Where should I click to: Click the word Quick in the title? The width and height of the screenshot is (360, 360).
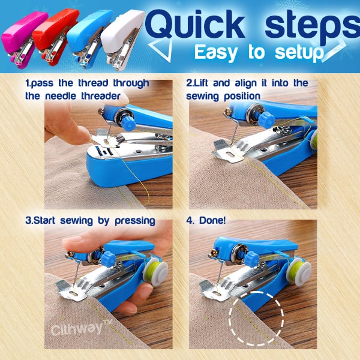click(194, 25)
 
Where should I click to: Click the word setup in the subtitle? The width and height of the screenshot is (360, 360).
click(299, 53)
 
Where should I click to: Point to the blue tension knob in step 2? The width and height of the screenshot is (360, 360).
click(266, 120)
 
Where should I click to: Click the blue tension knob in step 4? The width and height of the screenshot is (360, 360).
click(251, 259)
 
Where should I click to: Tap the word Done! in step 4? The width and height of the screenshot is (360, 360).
click(212, 220)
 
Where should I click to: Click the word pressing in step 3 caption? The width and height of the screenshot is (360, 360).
click(135, 221)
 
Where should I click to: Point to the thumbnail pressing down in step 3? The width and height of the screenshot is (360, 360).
click(72, 241)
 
